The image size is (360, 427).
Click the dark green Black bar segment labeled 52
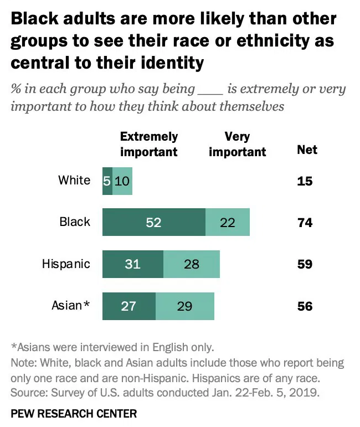pos(153,222)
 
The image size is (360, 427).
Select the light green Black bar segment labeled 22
pos(227,222)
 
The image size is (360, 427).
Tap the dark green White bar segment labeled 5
pos(107,181)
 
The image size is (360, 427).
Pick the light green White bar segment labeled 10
pos(122,181)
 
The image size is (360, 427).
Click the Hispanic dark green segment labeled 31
pos(132,264)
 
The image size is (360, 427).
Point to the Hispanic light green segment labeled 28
pos(191,264)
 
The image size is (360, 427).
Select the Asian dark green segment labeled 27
pos(128,306)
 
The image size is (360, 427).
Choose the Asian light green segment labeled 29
pos(184,306)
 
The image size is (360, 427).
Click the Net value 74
pos(305,223)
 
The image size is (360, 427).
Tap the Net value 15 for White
pos(305,181)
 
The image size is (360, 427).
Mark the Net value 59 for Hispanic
pos(305,264)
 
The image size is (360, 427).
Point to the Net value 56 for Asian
pos(305,306)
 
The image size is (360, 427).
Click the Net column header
pos(307,150)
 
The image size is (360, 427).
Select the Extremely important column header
pos(149,144)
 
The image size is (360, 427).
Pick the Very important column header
pos(237,144)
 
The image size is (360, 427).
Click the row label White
pos(74,180)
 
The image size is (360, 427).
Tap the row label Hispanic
pos(66,264)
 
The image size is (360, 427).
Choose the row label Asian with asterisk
pos(70,305)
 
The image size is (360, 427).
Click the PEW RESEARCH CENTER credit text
pos(74,413)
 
